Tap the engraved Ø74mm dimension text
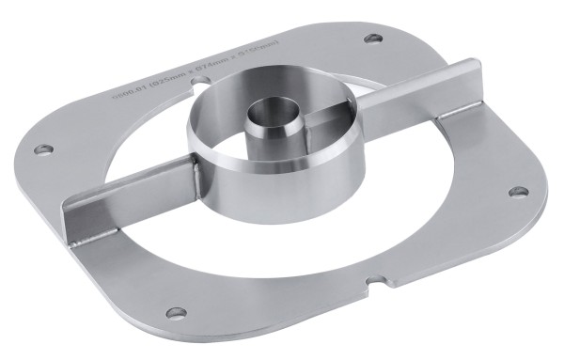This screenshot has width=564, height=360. tap(213, 70)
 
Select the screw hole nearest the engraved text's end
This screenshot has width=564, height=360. tap(373, 39)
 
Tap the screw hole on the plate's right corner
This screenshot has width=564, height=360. tap(516, 192)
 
